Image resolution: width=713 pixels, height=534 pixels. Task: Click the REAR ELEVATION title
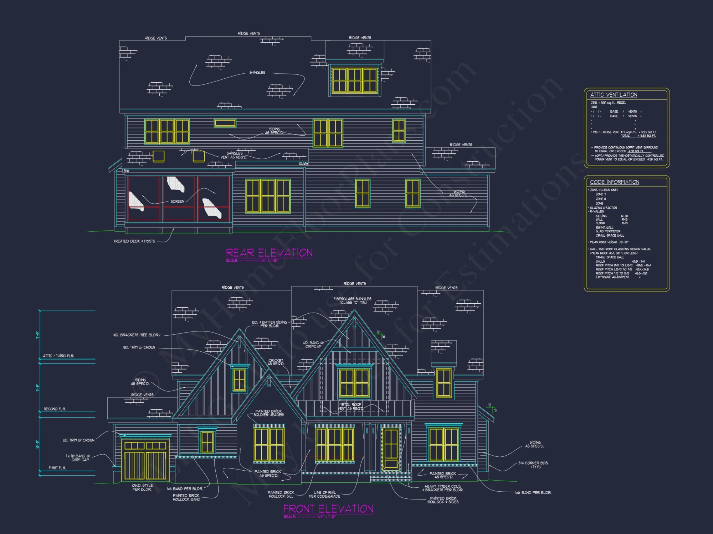click(x=269, y=253)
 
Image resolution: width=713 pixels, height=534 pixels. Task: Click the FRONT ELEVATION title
click(x=328, y=509)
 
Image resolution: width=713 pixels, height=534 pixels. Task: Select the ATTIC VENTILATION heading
click(x=614, y=95)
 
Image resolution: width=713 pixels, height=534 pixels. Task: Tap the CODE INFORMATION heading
click(x=614, y=182)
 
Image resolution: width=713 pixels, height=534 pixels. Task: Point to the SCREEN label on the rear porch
click(x=177, y=201)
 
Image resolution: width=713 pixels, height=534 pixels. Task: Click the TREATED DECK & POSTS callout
click(x=134, y=241)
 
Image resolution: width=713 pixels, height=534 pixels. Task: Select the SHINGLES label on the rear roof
click(x=257, y=73)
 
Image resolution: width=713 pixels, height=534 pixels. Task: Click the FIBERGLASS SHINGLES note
click(x=352, y=300)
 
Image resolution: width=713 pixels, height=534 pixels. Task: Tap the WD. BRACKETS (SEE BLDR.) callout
click(x=137, y=335)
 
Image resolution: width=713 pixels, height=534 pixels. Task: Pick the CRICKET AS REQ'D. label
click(x=276, y=362)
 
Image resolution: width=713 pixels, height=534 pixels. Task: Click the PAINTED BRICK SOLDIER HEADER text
click(x=268, y=413)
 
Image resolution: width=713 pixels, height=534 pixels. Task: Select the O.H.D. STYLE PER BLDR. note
click(x=142, y=487)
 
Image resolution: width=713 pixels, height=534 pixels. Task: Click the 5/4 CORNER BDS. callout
click(x=533, y=465)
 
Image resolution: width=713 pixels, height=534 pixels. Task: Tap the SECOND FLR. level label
click(x=55, y=409)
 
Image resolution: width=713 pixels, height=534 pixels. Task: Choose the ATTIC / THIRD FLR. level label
click(x=58, y=356)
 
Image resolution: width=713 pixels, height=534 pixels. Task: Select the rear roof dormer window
click(x=354, y=80)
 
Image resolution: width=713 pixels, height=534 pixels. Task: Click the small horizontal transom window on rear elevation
click(x=225, y=123)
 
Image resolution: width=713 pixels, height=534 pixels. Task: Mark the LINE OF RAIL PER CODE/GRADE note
click(x=324, y=494)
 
